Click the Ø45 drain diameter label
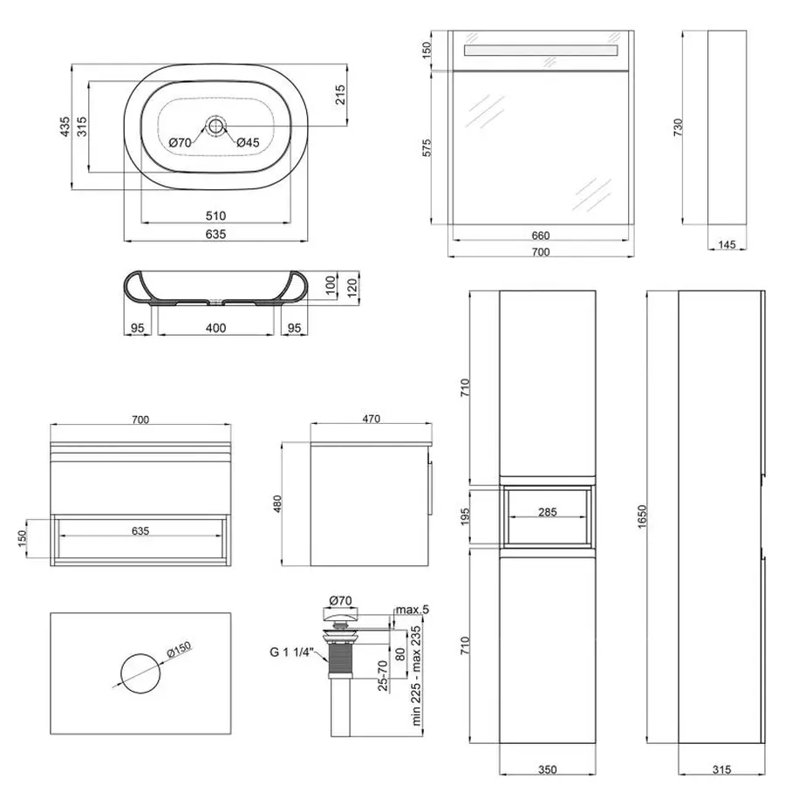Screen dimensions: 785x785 coord(248,143)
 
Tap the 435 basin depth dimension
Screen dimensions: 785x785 coord(65,127)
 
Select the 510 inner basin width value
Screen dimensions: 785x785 coord(215,215)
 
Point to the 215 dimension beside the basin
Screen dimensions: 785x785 coord(340,94)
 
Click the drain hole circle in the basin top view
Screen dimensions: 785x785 coord(215,126)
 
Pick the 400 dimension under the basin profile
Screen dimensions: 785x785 coord(215,328)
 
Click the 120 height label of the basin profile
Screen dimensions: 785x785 coord(352,288)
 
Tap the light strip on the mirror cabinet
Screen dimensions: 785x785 coord(541,51)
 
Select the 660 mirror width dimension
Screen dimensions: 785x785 coord(541,235)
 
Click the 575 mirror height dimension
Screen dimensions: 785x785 coord(426,148)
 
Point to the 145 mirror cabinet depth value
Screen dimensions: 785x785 coord(727,244)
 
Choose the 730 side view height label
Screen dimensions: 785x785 coord(678,127)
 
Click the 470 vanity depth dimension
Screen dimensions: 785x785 coord(371,419)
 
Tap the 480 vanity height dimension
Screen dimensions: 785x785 coord(277,503)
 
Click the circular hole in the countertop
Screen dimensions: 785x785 coord(140,673)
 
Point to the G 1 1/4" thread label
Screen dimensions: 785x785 coord(291,652)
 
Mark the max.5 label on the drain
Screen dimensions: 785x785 coord(413,610)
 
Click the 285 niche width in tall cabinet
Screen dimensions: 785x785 coord(548,512)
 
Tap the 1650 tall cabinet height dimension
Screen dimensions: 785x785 coord(642,516)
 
